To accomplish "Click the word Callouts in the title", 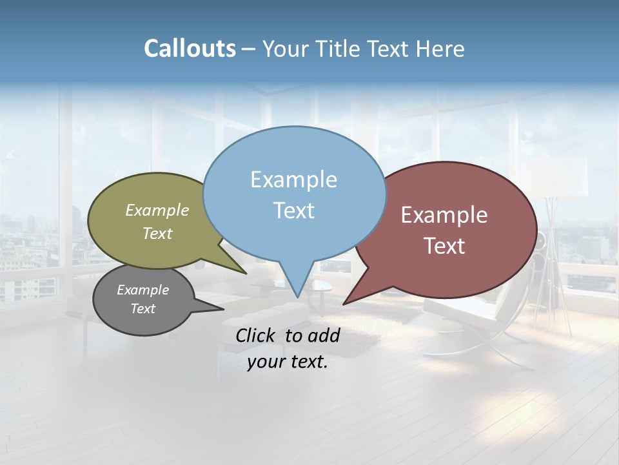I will (x=190, y=48).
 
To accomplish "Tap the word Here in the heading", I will (x=440, y=48).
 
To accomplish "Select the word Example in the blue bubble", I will (x=293, y=180).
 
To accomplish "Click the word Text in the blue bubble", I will (x=293, y=211).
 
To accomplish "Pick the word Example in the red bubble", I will (x=444, y=215).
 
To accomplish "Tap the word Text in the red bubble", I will (x=444, y=246).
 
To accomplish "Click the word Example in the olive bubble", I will (x=157, y=210).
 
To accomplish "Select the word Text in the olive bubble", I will (x=157, y=233).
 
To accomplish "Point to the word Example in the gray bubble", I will (x=143, y=290).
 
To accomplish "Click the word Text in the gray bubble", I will (x=143, y=309).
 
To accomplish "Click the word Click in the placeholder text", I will (x=256, y=335).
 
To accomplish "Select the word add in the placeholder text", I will (x=323, y=335).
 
